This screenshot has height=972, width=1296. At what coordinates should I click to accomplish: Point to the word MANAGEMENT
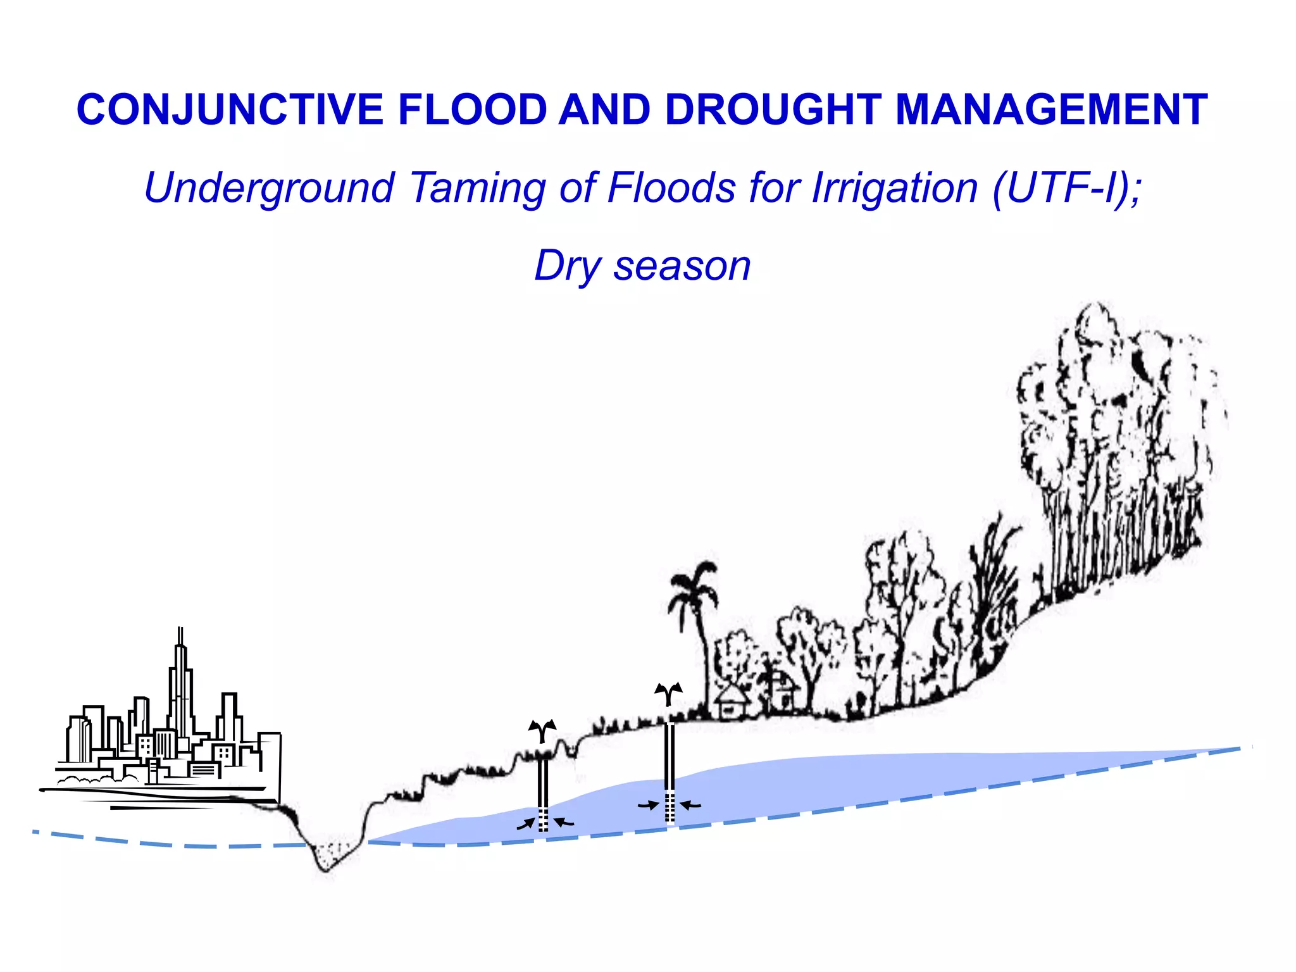click(x=1051, y=109)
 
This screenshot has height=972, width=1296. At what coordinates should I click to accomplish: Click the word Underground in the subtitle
click(x=269, y=188)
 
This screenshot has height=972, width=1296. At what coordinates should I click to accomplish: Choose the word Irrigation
click(x=895, y=188)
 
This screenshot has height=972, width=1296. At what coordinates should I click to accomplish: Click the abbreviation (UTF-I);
click(x=1068, y=188)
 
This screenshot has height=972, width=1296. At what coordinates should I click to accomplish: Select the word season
click(x=682, y=266)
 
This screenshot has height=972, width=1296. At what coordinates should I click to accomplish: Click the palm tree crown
click(x=694, y=585)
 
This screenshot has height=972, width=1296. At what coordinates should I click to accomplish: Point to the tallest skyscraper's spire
click(x=180, y=636)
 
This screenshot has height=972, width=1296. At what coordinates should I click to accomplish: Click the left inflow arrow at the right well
click(x=649, y=806)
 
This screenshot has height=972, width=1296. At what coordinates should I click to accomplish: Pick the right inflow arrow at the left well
click(x=564, y=822)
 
